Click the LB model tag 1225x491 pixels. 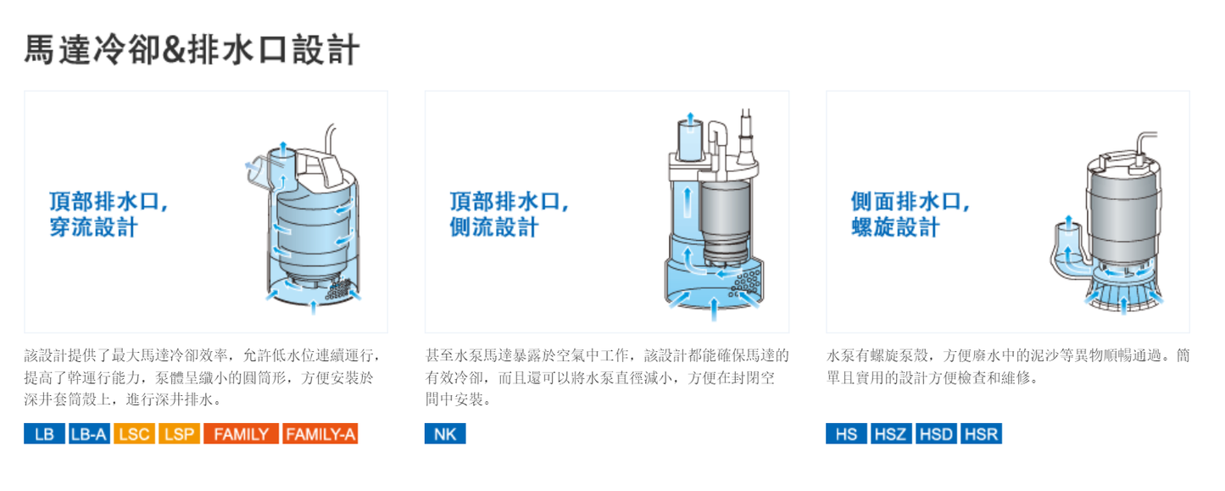tap(44, 433)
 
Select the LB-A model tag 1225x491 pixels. tap(89, 433)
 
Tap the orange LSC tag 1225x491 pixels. tap(134, 433)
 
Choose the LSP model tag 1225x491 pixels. tap(180, 433)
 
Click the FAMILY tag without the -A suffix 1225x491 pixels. tap(241, 433)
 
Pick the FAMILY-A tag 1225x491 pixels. tap(320, 433)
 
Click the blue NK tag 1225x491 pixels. tap(445, 433)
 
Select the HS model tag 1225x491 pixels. tap(846, 433)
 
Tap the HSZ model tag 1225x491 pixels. tap(891, 433)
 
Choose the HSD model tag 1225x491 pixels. tap(936, 433)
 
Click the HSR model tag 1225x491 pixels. tap(981, 433)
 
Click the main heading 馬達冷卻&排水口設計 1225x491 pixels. tap(192, 50)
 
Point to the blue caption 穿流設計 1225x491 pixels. tap(93, 227)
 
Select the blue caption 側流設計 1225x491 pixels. tap(494, 227)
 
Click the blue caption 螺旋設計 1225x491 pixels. tap(895, 227)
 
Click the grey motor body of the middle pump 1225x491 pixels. tap(726, 219)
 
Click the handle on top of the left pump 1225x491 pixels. tap(320, 167)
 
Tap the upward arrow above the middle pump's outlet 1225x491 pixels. tap(690, 120)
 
